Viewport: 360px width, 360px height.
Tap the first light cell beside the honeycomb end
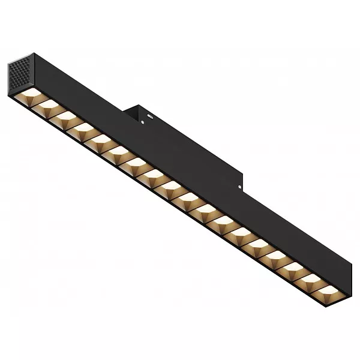29,96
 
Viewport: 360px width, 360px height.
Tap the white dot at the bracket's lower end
239,188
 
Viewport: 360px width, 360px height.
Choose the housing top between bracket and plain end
288,234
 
